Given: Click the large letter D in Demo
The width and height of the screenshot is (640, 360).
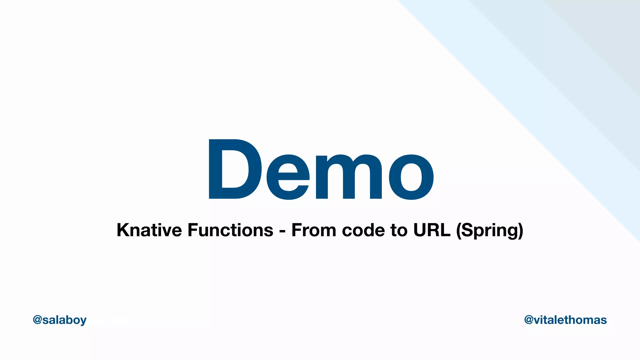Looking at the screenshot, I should point(234,169).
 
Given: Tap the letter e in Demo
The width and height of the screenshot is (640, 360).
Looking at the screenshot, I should point(288,177).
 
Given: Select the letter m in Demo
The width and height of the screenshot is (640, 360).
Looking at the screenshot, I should point(349,177).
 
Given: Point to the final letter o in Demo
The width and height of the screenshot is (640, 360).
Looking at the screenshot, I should point(411,177).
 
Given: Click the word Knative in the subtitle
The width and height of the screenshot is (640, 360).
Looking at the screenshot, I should point(149,230).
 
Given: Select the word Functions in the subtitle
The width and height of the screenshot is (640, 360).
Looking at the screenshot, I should point(230,230).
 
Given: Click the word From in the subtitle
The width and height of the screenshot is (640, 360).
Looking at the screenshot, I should point(314,230).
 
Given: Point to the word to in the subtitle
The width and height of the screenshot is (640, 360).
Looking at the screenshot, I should point(399,230).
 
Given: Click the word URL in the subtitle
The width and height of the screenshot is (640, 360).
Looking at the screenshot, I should point(432,230).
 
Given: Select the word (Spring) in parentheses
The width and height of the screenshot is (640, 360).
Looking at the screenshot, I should point(490,231).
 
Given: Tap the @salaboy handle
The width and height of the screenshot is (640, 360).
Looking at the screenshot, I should point(60,320).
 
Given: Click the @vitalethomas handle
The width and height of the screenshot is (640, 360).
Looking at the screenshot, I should point(565,320).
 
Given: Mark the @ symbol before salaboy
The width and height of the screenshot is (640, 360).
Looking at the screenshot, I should point(37,320).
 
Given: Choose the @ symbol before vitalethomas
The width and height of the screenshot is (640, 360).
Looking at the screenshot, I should point(529,320).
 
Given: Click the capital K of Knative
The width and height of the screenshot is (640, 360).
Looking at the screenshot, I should point(123,230).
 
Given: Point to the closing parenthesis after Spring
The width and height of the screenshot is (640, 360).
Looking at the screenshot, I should point(521,231).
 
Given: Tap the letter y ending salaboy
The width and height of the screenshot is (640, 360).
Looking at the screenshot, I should point(83,321).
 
